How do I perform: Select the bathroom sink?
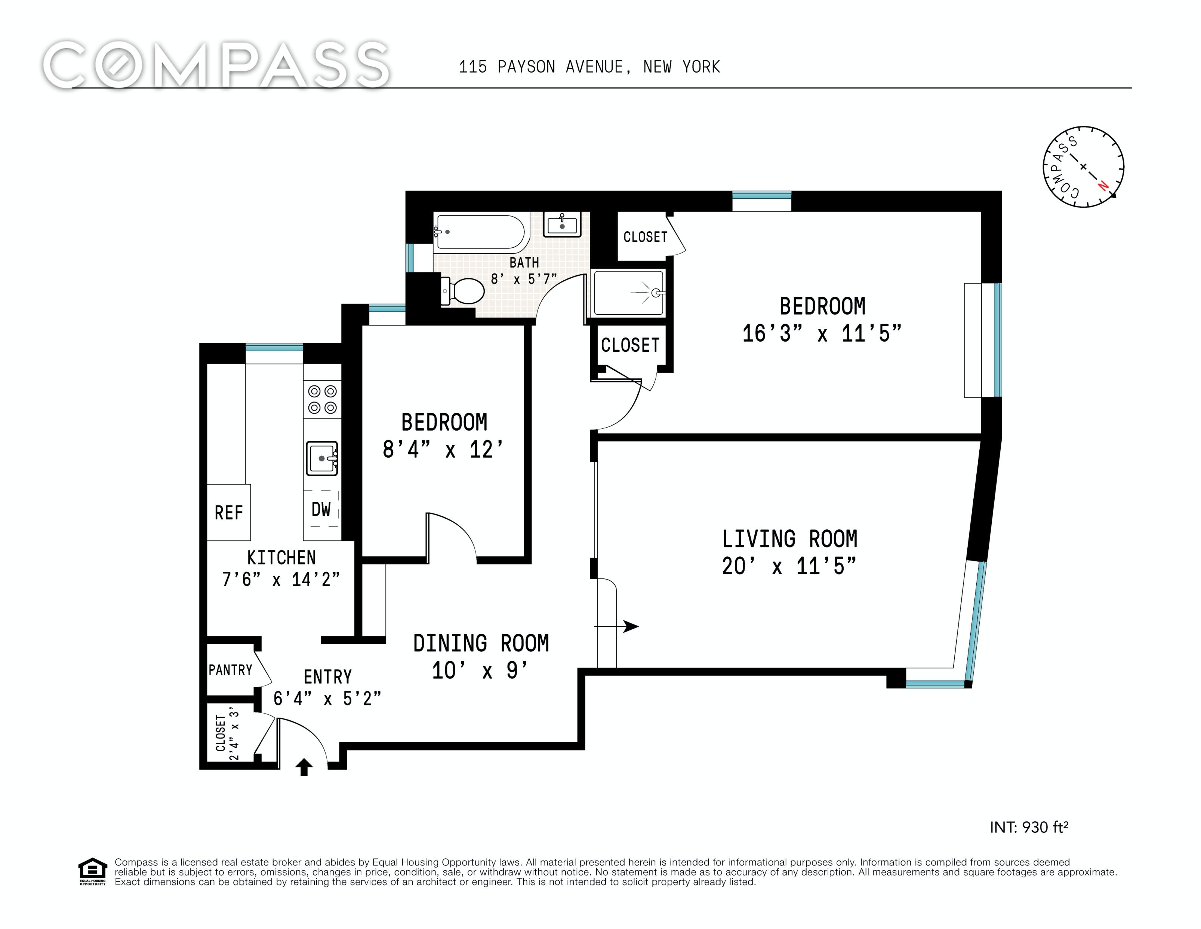pos(562,224)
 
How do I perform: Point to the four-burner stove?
pos(322,399)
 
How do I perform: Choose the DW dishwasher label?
pos(321,509)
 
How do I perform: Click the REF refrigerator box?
pos(229,512)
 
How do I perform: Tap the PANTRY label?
pos(230,670)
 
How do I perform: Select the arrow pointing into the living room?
pos(616,626)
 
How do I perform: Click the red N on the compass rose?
pos(1103,186)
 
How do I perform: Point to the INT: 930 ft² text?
pos(1029,827)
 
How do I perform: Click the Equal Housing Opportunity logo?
pos(92,871)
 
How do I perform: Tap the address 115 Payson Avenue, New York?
pos(589,67)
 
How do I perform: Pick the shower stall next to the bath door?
pos(628,293)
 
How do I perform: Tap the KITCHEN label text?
pos(281,557)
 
